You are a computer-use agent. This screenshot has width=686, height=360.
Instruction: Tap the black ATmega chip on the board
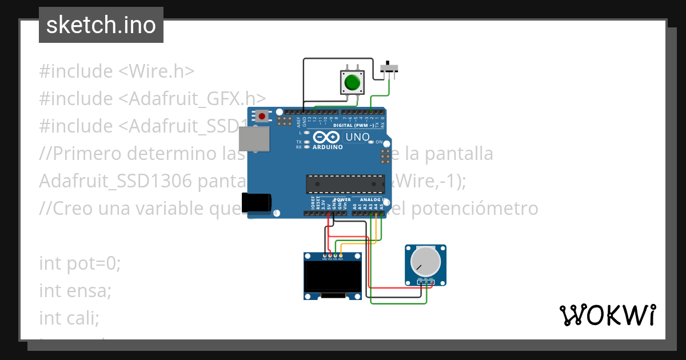pyautogui.click(x=344, y=183)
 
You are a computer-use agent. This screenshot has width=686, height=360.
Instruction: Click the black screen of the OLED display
pyautogui.click(x=332, y=276)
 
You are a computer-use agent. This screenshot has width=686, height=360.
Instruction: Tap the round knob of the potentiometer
pyautogui.click(x=425, y=262)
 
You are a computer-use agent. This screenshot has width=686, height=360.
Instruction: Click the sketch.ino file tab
pyautogui.click(x=101, y=25)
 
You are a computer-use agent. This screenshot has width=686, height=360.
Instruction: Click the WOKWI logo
pyautogui.click(x=608, y=315)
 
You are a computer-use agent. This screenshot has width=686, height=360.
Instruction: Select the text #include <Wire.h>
pyautogui.click(x=117, y=71)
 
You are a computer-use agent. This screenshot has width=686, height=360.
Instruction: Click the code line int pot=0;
pyautogui.click(x=80, y=263)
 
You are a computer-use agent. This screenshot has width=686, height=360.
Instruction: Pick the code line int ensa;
pyautogui.click(x=75, y=290)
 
